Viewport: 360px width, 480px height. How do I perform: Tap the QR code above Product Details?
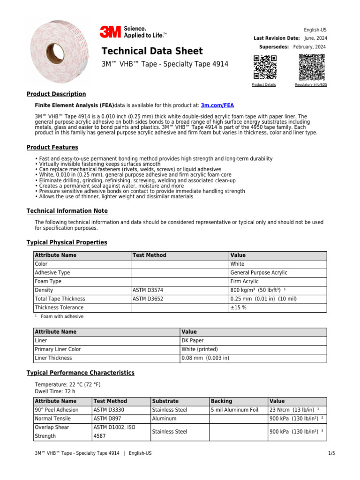click(265, 67)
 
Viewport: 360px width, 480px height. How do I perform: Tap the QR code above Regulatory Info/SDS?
click(311, 67)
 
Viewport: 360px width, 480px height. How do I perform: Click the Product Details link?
click(263, 85)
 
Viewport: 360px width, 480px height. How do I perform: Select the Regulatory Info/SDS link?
click(311, 85)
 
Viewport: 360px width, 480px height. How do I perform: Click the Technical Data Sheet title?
click(152, 51)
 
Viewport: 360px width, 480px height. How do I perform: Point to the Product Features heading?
click(52, 147)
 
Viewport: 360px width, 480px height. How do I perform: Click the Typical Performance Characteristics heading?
click(80, 373)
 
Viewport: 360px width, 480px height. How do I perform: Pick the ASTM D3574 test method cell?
click(148, 290)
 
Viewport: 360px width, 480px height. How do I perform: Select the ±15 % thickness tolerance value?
click(239, 307)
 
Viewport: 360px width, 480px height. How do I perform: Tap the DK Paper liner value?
click(193, 340)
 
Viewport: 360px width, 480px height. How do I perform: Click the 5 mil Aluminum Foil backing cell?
click(235, 410)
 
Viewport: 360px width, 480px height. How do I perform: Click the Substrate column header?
click(165, 401)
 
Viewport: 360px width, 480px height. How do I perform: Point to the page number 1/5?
click(331, 453)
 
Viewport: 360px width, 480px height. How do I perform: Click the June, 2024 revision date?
click(315, 38)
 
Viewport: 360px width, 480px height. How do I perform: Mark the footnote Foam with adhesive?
click(62, 316)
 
